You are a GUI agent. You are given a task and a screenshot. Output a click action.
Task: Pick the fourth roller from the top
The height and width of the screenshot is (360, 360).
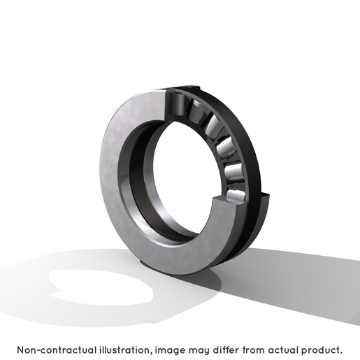click(226, 147)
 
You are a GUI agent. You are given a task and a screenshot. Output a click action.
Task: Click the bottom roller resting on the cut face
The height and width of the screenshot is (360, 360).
click(236, 195)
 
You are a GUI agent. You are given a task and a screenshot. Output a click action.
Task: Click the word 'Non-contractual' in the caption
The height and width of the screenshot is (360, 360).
click(57, 350)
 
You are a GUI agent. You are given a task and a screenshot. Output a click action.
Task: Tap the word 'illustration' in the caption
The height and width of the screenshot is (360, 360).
click(126, 350)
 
